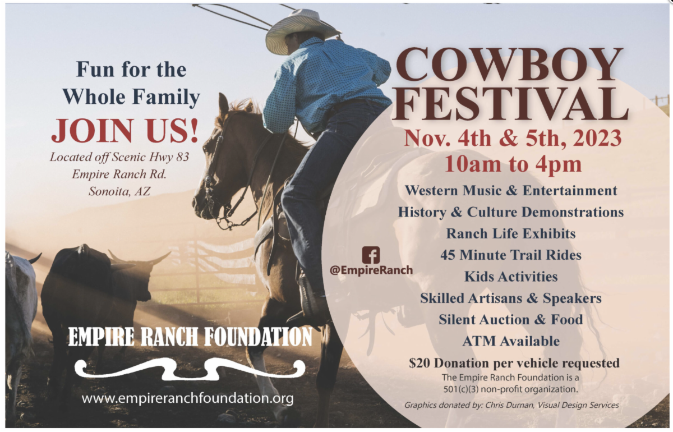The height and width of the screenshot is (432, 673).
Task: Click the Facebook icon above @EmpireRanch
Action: [x=371, y=255]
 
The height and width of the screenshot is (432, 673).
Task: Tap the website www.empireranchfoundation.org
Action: [x=187, y=399]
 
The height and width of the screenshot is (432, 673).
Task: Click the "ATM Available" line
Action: [x=511, y=341]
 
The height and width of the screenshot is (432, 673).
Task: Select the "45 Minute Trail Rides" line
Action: [x=511, y=255]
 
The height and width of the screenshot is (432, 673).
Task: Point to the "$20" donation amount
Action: [x=420, y=363]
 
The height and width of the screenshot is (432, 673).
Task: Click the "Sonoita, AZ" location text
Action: [x=119, y=191]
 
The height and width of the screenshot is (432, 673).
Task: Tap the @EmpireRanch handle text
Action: [x=371, y=270]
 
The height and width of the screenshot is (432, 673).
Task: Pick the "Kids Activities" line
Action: [x=511, y=277]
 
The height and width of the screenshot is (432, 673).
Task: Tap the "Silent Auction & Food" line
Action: [x=511, y=319]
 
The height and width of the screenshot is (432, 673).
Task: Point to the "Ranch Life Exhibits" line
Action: [x=511, y=233]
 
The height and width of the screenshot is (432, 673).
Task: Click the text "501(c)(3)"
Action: [x=464, y=388]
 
